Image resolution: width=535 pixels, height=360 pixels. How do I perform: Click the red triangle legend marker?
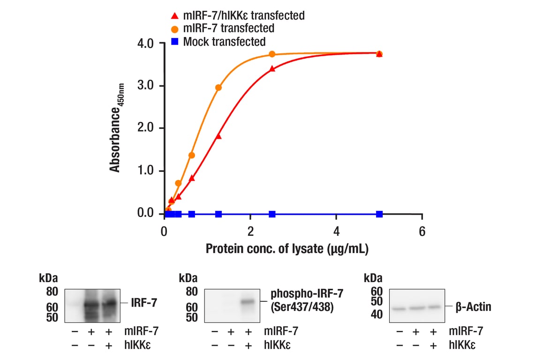[174, 15]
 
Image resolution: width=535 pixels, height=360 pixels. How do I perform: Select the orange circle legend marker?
[174, 29]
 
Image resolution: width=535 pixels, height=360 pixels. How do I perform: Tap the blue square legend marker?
[174, 42]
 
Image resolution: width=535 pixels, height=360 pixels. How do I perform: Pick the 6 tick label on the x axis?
[422, 232]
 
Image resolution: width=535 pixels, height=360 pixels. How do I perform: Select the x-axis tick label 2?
[250, 232]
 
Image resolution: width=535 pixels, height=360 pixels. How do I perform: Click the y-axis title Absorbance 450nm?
[116, 127]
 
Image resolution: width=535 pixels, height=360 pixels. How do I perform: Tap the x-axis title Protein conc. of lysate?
[287, 248]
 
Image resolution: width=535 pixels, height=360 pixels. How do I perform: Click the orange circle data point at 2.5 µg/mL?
[272, 54]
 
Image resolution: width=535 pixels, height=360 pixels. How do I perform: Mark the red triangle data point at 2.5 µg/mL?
[272, 69]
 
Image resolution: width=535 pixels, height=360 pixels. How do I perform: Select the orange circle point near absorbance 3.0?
[218, 88]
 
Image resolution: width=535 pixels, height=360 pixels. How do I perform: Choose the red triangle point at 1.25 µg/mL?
[218, 136]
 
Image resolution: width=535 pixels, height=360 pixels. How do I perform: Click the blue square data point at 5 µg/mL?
[379, 214]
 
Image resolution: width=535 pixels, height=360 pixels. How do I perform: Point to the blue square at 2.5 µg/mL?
[272, 214]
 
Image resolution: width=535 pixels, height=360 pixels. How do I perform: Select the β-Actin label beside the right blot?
[473, 307]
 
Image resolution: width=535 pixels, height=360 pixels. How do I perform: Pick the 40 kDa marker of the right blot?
[377, 315]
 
